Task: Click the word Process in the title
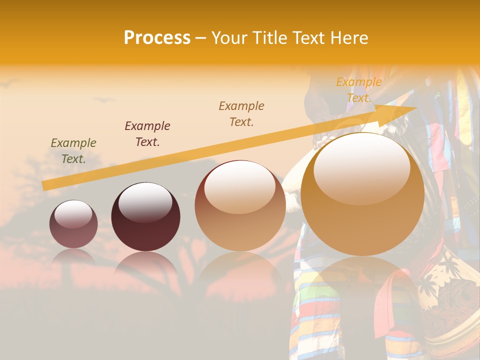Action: (157, 37)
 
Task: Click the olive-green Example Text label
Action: (73, 151)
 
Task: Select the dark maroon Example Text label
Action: (147, 134)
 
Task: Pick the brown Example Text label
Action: (241, 114)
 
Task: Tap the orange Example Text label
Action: (359, 90)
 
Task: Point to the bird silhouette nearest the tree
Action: (104, 100)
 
